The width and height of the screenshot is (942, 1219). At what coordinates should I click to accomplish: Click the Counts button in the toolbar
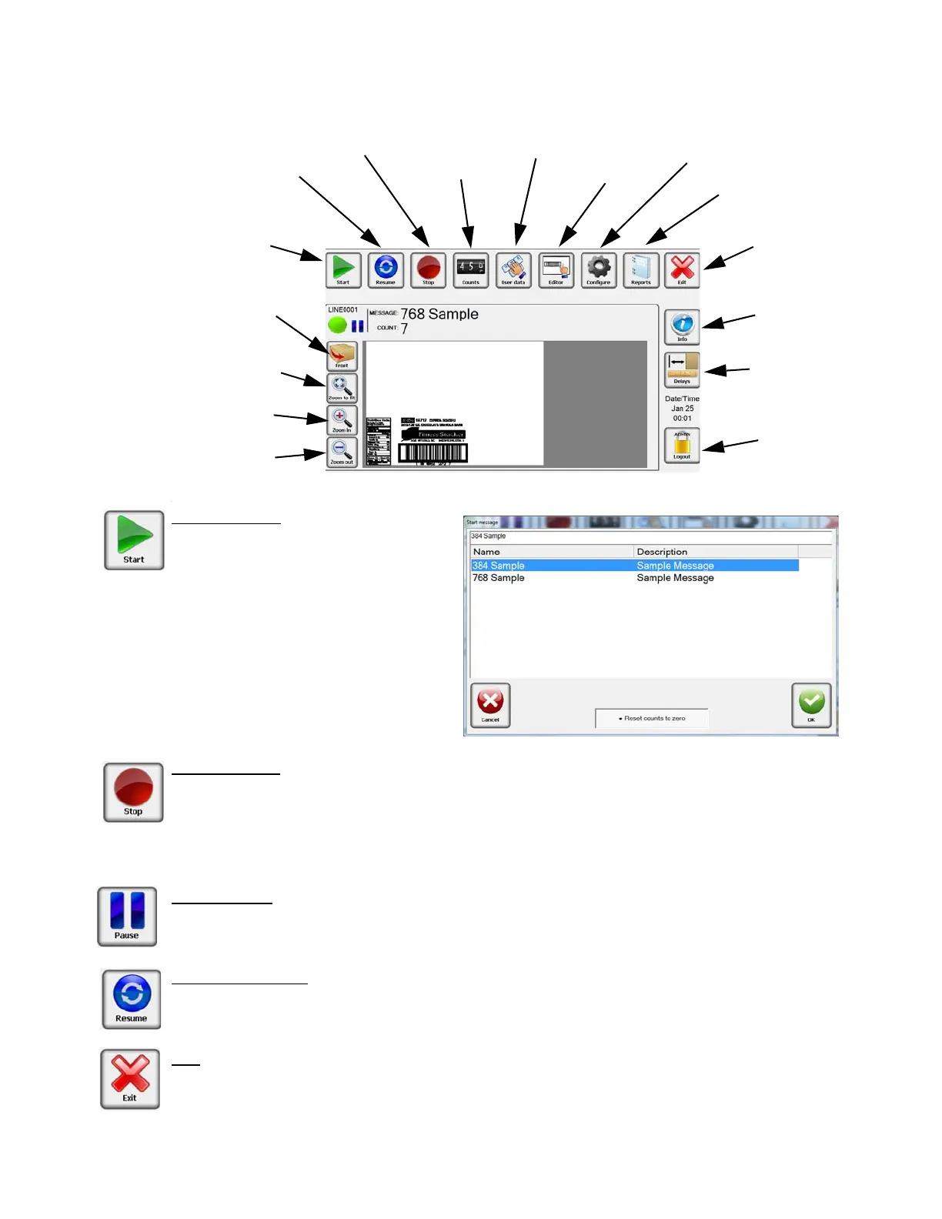point(470,270)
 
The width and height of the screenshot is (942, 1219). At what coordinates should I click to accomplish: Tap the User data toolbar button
point(513,270)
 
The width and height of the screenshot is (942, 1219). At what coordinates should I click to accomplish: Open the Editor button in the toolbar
point(556,270)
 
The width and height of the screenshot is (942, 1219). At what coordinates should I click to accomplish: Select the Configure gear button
point(599,270)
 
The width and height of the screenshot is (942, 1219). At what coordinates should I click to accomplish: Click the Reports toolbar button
point(641,270)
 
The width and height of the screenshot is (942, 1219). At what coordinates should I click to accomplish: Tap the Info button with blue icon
point(682,326)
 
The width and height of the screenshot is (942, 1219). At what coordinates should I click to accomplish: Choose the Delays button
point(682,369)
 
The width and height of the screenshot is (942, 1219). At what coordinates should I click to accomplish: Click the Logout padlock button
point(682,446)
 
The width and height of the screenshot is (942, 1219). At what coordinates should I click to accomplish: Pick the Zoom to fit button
point(342,388)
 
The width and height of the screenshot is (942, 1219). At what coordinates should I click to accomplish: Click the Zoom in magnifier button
point(342,420)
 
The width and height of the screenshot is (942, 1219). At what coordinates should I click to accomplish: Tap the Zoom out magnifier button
point(342,453)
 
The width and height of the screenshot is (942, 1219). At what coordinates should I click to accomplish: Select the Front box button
point(342,356)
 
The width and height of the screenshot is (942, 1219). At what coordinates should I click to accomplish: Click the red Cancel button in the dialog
point(490,705)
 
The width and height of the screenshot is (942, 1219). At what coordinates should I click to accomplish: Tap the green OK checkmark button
point(811,705)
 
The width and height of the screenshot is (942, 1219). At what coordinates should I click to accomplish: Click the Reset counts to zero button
point(652,718)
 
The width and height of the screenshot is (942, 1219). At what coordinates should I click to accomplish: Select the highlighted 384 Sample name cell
point(499,566)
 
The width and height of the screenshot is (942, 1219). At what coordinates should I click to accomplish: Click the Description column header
point(662,552)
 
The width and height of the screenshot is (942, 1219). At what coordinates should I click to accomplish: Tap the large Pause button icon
point(127,916)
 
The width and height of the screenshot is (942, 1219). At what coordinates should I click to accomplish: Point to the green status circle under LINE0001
point(337,325)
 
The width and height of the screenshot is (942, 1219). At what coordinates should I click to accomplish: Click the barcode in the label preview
point(433,453)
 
